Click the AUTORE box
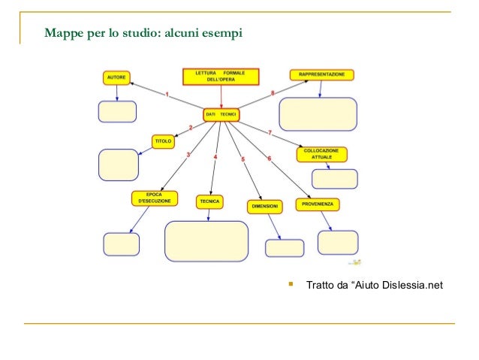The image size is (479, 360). pyautogui.click(x=116, y=77)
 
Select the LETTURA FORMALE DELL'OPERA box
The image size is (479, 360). pyautogui.click(x=220, y=77)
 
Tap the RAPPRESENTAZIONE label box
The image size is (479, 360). pyautogui.click(x=321, y=74)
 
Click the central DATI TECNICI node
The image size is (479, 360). pyautogui.click(x=221, y=113)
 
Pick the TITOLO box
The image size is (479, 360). pyautogui.click(x=163, y=141)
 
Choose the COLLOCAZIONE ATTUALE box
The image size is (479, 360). pyautogui.click(x=321, y=154)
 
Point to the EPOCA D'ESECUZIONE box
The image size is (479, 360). pyautogui.click(x=155, y=198)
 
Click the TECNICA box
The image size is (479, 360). pyautogui.click(x=209, y=201)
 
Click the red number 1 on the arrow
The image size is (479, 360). pyautogui.click(x=167, y=95)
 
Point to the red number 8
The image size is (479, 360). pyautogui.click(x=273, y=92)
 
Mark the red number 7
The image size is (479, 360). pyautogui.click(x=270, y=133)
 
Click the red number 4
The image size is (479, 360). pyautogui.click(x=215, y=157)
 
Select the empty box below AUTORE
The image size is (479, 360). pyautogui.click(x=117, y=111)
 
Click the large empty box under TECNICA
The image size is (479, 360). pyautogui.click(x=206, y=241)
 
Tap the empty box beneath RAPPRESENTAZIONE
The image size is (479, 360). pyautogui.click(x=318, y=114)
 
